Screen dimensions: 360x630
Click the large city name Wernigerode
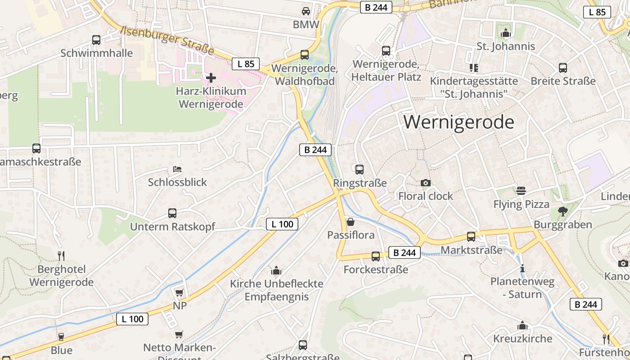(x=459, y=122)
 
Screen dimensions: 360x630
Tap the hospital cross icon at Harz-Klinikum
(x=211, y=78)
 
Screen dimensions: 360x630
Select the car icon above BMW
(x=306, y=11)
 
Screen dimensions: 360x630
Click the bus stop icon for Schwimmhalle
(x=96, y=40)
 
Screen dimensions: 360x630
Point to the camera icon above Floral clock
(x=425, y=183)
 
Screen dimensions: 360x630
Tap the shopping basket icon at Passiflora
(x=351, y=222)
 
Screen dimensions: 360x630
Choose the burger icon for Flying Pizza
(x=521, y=191)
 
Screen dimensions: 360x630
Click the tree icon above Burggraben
(x=562, y=211)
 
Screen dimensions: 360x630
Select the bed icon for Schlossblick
(x=177, y=169)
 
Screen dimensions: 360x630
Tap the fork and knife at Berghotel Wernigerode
(x=61, y=256)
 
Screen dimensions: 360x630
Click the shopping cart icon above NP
(x=179, y=292)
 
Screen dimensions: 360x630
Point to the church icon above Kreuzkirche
(x=522, y=325)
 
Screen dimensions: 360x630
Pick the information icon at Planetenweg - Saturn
(x=522, y=269)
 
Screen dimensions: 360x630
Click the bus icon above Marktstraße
(x=471, y=237)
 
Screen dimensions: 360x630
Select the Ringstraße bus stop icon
(x=359, y=170)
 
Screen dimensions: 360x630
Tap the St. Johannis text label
(x=506, y=46)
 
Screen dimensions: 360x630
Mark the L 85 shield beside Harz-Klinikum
(x=246, y=64)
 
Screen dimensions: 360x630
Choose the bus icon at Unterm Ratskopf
(x=172, y=213)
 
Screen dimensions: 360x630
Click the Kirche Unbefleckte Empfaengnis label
(x=276, y=290)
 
